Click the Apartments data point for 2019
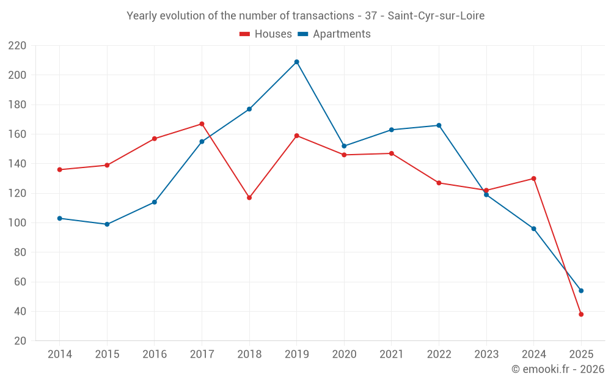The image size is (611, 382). pos(296,62)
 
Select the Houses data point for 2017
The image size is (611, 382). pos(202,124)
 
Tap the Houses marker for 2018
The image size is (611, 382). pos(249,197)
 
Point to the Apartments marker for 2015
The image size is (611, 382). pos(107,224)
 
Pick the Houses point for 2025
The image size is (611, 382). pos(581,314)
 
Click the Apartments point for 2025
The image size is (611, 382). pos(581,291)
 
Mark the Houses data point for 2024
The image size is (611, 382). pos(533,178)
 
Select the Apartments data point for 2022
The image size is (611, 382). pos(439,125)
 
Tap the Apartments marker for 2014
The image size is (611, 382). pos(59,218)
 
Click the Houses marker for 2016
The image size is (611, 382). pos(155,139)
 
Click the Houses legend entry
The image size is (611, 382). pos(266,34)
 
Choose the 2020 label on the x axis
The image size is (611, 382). pos(344,354)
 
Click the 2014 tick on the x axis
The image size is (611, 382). pos(59,354)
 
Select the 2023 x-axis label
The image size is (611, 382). pos(486,354)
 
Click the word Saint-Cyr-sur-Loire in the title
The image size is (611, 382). pos(436,16)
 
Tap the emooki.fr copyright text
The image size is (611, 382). pos(558,369)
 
